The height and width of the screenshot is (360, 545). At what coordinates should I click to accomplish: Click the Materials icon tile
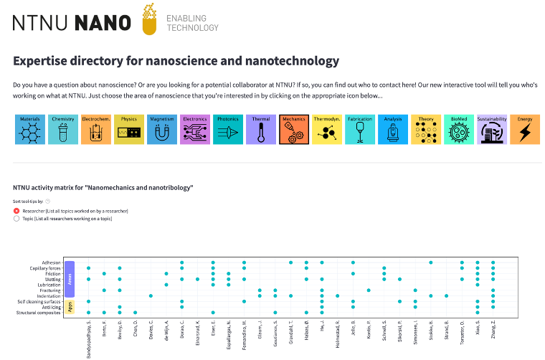point(29,130)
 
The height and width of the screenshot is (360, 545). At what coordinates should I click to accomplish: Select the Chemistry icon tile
point(62,130)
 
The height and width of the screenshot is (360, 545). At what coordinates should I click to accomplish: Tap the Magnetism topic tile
point(162,130)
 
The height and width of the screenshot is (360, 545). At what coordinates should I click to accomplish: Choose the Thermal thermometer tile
point(261,130)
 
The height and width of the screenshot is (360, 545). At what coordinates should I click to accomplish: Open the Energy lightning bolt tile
point(525,130)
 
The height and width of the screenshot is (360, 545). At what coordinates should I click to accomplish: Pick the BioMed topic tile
point(459,130)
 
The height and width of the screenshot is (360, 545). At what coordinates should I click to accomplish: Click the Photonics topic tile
point(228,130)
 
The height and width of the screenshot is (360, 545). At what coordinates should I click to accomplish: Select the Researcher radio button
point(16,212)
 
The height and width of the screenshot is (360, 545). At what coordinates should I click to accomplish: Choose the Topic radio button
point(16,219)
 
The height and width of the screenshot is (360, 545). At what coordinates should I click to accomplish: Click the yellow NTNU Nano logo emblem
point(149,20)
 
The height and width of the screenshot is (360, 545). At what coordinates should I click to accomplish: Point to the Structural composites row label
point(38,313)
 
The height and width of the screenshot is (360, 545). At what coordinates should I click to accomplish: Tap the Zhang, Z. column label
point(493,333)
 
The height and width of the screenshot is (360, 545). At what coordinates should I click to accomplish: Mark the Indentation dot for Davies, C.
point(151,295)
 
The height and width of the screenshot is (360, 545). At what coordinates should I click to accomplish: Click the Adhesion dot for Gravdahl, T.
point(290,262)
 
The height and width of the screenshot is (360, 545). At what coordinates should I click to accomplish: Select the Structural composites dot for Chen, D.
point(135,313)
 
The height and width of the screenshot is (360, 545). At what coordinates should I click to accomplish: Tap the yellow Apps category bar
point(70,307)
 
